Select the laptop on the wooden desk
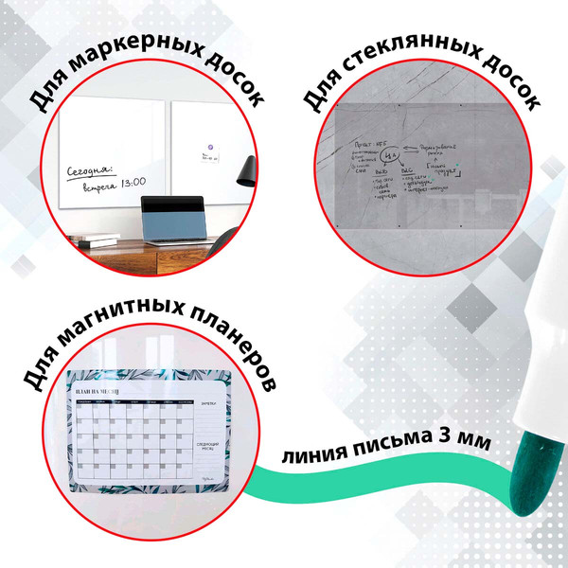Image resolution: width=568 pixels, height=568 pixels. pyautogui.click(x=171, y=218)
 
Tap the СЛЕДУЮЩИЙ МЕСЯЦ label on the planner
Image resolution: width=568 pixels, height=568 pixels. pyautogui.click(x=209, y=446)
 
